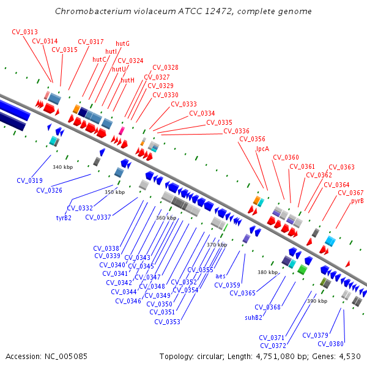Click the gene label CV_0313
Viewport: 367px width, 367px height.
point(24,32)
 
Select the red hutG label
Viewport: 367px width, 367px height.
point(122,44)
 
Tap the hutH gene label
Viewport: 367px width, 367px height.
point(127,80)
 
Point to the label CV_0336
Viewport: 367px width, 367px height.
point(236,131)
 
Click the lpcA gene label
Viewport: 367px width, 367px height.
point(262,149)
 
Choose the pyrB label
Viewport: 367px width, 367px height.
point(357,201)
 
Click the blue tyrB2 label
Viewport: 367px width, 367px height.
point(64,218)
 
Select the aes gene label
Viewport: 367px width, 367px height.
point(220,276)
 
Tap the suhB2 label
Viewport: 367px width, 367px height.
point(253,317)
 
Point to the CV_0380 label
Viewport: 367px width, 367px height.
point(330,344)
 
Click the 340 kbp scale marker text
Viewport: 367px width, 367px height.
point(63,167)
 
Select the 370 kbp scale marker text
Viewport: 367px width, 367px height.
point(217,245)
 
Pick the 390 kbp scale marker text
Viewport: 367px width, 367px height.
point(317,301)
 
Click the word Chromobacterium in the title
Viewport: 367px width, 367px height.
point(93,11)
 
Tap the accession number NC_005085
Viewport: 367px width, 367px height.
point(66,357)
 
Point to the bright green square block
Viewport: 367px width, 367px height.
point(302,270)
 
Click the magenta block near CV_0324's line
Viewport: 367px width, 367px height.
point(122,131)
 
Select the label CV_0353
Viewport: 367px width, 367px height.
point(167,322)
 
